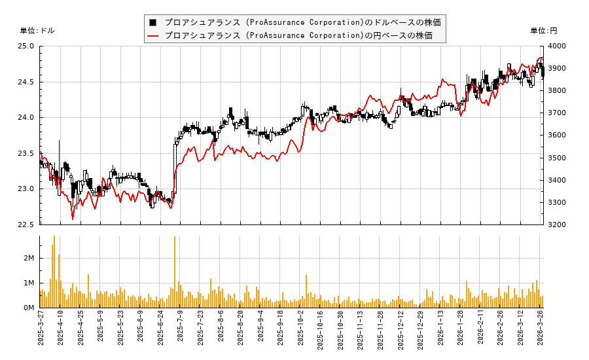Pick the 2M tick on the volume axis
point(29,259)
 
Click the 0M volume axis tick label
point(29,308)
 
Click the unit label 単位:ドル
point(37,31)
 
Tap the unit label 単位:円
point(543,31)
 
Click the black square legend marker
point(153,22)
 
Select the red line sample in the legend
point(153,35)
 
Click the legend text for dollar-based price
point(302,22)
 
